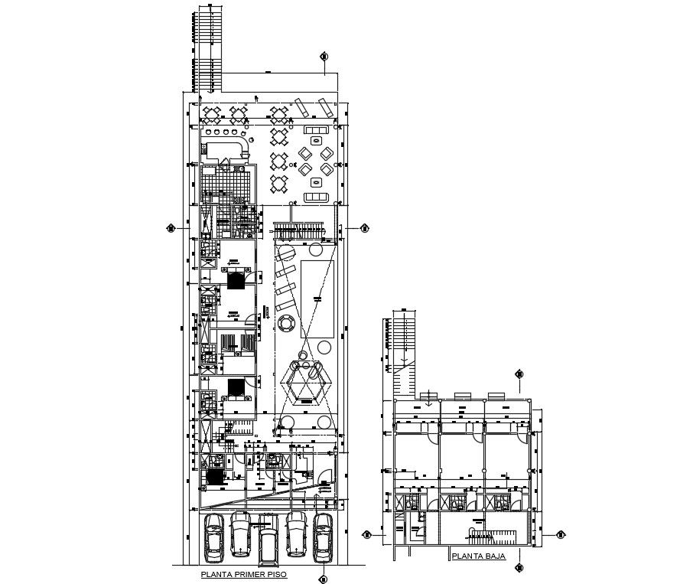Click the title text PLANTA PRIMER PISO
[243, 573]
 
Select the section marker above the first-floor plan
[324, 57]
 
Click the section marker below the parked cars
[324, 579]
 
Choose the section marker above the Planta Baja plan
[519, 374]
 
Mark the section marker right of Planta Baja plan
[560, 534]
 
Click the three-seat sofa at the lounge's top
[317, 131]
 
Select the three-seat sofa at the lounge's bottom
[316, 198]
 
